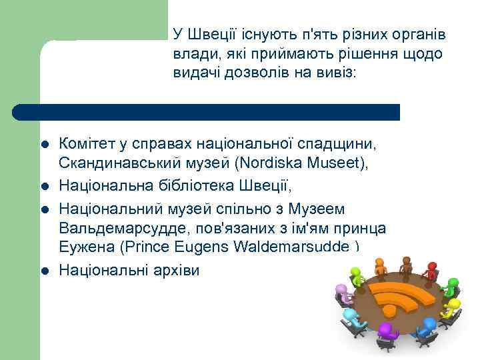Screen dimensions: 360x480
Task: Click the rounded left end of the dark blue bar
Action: (22, 112)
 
